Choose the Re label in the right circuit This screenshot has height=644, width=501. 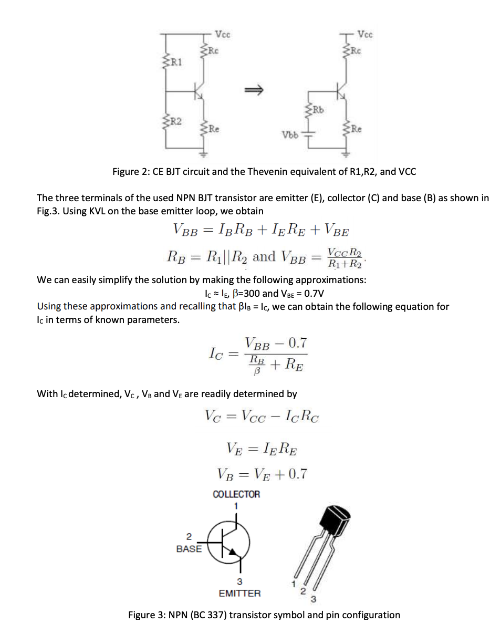pyautogui.click(x=357, y=128)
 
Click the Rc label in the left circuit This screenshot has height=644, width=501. pyautogui.click(x=213, y=50)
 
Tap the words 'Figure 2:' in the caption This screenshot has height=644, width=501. pyautogui.click(x=131, y=172)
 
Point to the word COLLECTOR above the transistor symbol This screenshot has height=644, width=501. pyautogui.click(x=236, y=494)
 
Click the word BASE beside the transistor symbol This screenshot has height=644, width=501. pyautogui.click(x=189, y=548)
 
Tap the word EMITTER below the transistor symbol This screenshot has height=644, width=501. pyautogui.click(x=239, y=593)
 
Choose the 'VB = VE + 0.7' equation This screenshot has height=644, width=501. pyautogui.click(x=262, y=474)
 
